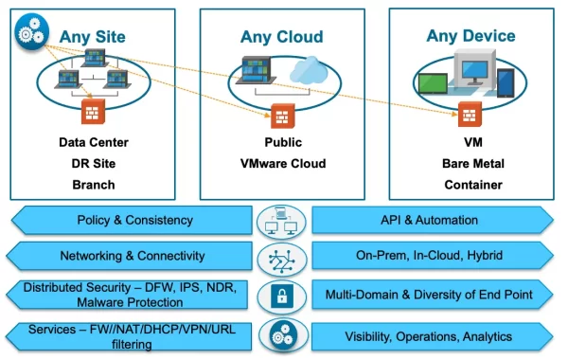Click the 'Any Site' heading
pos(92,37)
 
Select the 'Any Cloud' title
pos(281,37)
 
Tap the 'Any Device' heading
pos(470,36)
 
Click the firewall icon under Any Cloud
pos(281,117)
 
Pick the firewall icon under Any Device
pos(470,117)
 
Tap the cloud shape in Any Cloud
pos(309,70)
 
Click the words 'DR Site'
pos(92,163)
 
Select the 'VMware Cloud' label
pos(281,163)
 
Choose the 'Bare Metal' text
pos(470,163)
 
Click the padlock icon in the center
pos(280,296)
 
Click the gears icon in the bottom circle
pos(280,336)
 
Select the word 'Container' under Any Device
pos(470,184)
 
